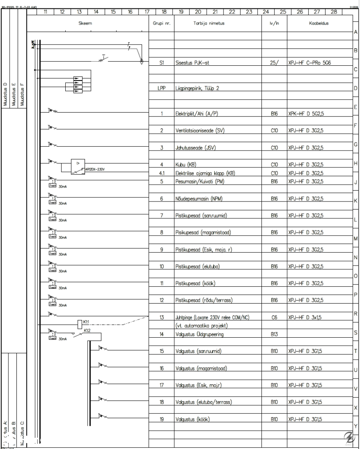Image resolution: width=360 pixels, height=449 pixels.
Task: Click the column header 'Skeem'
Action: click(x=85, y=24)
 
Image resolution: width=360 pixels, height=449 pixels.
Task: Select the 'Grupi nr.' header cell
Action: click(x=161, y=24)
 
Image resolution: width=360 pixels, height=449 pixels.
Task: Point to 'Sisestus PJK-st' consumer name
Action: click(x=194, y=63)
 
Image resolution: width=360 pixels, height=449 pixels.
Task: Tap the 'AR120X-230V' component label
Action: click(x=95, y=169)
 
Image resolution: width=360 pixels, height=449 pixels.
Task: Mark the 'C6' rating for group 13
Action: click(x=274, y=317)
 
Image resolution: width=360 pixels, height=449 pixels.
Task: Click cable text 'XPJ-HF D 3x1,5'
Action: click(x=306, y=317)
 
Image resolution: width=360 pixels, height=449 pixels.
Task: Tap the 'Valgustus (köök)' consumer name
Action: click(x=193, y=419)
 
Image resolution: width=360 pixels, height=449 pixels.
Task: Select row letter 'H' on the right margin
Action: click(x=356, y=164)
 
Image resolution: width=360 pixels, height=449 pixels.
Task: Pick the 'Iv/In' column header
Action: click(x=274, y=24)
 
